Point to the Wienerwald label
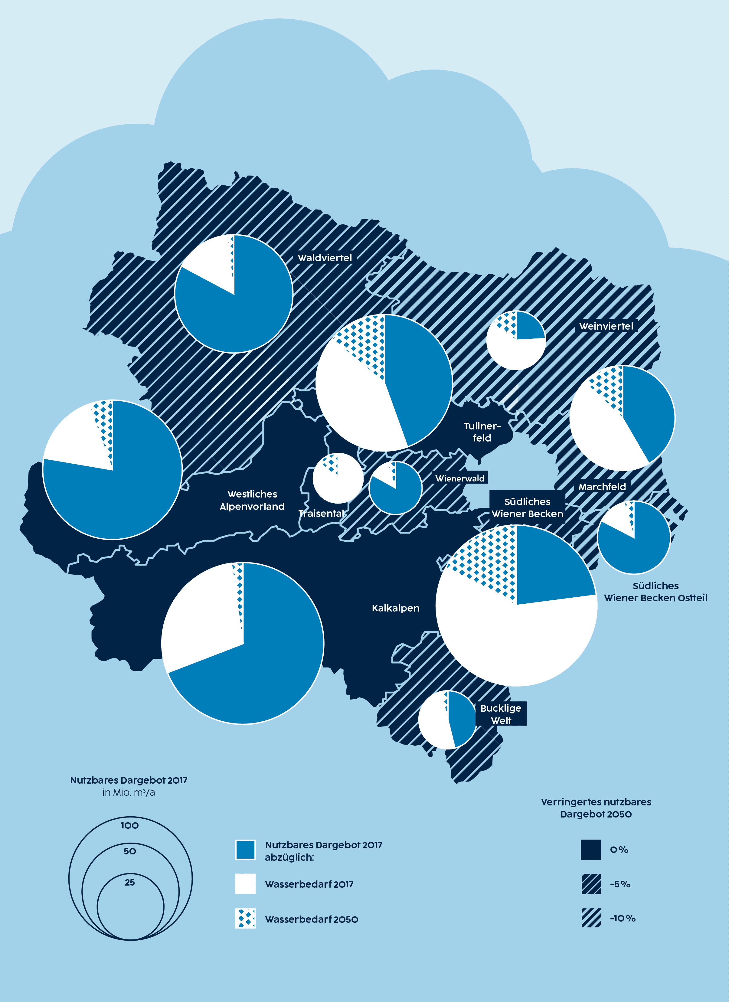pos(459,478)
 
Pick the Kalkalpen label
pos(395,608)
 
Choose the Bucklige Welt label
pos(501,714)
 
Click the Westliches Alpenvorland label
pos(252,500)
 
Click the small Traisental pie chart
pos(338,478)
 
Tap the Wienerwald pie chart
pos(395,488)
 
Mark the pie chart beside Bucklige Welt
pos(447,720)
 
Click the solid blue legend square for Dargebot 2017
pos(245,850)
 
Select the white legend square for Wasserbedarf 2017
pos(245,884)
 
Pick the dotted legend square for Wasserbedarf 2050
pos(245,919)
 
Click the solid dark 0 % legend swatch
pos(591,850)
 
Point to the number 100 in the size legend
pos(129,825)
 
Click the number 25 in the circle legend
pos(129,882)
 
